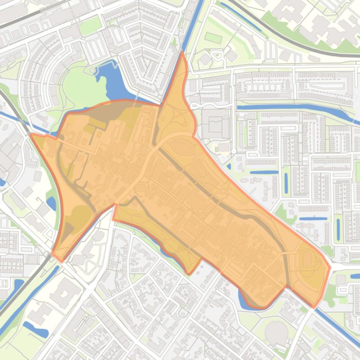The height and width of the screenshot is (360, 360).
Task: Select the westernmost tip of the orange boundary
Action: [x=31, y=135]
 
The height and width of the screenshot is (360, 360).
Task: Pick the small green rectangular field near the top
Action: [x=213, y=37]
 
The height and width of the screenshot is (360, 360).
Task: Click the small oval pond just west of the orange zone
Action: [x=51, y=203]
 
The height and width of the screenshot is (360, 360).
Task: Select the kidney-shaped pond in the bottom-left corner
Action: [x=36, y=330]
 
